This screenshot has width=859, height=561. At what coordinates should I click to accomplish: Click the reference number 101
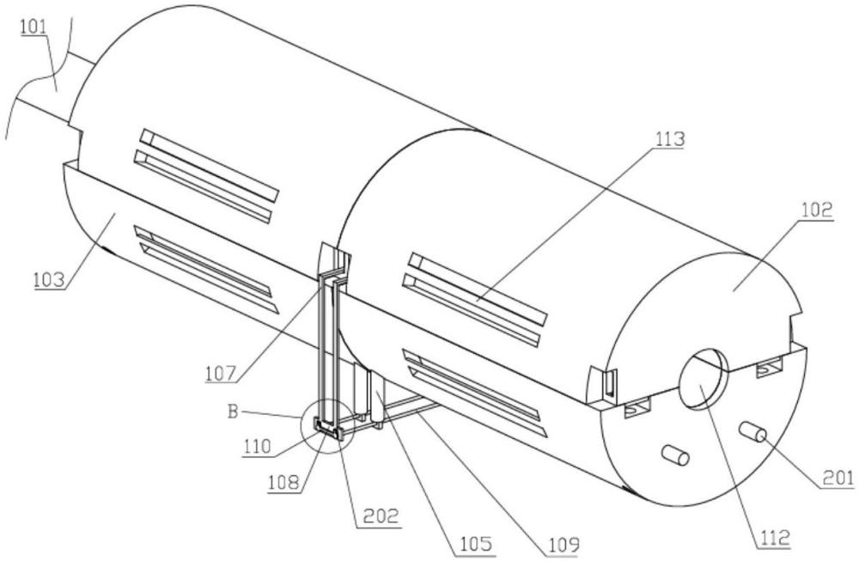pyautogui.click(x=34, y=27)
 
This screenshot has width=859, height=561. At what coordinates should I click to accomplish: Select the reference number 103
pyautogui.click(x=49, y=280)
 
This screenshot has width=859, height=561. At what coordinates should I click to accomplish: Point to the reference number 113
pyautogui.click(x=669, y=139)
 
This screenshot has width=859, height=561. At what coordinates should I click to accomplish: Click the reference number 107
pyautogui.click(x=222, y=375)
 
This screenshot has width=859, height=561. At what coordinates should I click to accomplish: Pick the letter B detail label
pyautogui.click(x=234, y=412)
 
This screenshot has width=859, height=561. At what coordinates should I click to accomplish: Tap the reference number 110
pyautogui.click(x=258, y=447)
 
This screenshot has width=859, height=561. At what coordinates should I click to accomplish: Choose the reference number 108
pyautogui.click(x=283, y=483)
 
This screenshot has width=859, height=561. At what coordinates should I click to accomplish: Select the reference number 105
pyautogui.click(x=476, y=544)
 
